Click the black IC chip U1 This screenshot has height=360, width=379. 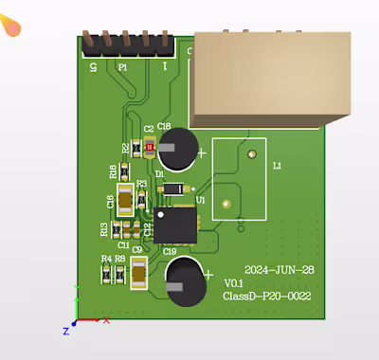[174, 225]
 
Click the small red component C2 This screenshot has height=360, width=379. [149, 147]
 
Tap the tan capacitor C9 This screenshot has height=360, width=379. [139, 275]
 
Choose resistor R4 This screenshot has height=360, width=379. [106, 274]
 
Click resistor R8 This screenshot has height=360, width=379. [119, 274]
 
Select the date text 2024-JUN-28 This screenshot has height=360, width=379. [279, 271]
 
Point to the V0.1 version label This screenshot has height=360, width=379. [234, 283]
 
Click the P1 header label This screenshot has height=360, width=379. [122, 67]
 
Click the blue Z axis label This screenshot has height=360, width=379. [66, 331]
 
